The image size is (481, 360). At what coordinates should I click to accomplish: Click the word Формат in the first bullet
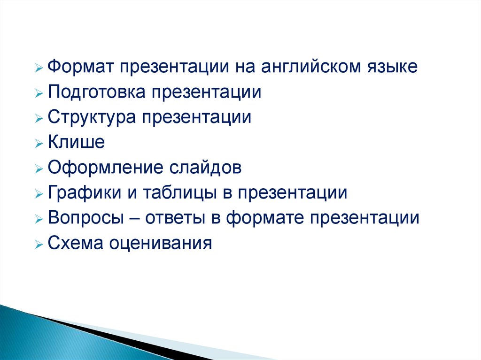(x=81, y=67)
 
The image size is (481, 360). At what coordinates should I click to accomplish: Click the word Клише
(x=77, y=142)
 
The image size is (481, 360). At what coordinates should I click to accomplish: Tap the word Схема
(x=75, y=243)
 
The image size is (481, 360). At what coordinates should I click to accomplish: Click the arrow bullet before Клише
(x=39, y=143)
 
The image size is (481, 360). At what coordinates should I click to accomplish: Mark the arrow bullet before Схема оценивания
(x=39, y=244)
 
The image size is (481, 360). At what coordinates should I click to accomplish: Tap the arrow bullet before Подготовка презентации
(x=39, y=93)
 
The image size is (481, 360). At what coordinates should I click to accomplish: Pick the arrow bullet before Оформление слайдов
(x=39, y=169)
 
